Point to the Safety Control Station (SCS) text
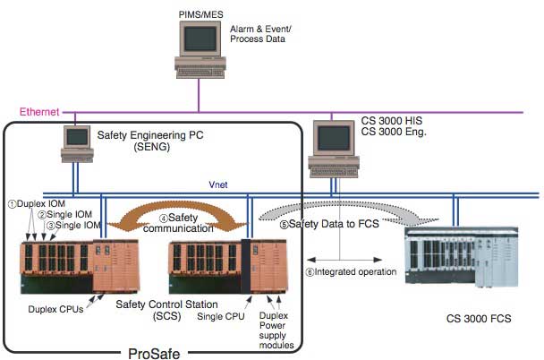point(160,311)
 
